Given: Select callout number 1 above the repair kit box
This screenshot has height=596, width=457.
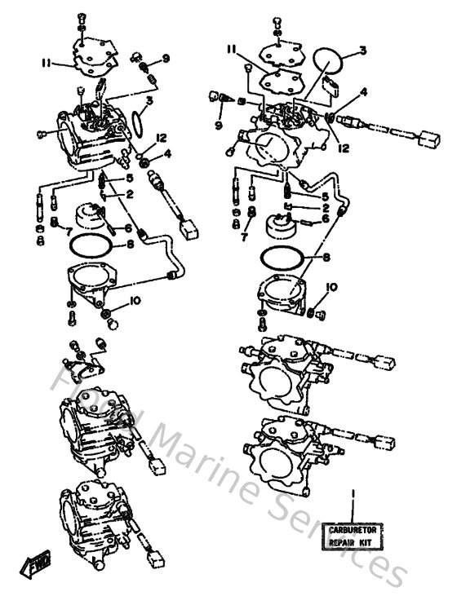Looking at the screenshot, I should coord(353,494).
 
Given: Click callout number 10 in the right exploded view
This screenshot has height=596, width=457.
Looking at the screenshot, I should coord(331,287).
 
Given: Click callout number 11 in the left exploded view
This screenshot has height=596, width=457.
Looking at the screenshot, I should coord(47,62).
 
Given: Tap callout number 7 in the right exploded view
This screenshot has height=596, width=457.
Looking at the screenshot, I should coord(243,236).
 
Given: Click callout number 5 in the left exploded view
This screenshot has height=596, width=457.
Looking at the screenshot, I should coord(129,179).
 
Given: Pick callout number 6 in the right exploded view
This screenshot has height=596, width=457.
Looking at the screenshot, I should coord(325,219).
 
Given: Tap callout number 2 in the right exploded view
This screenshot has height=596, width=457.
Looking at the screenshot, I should coord(325,208).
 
